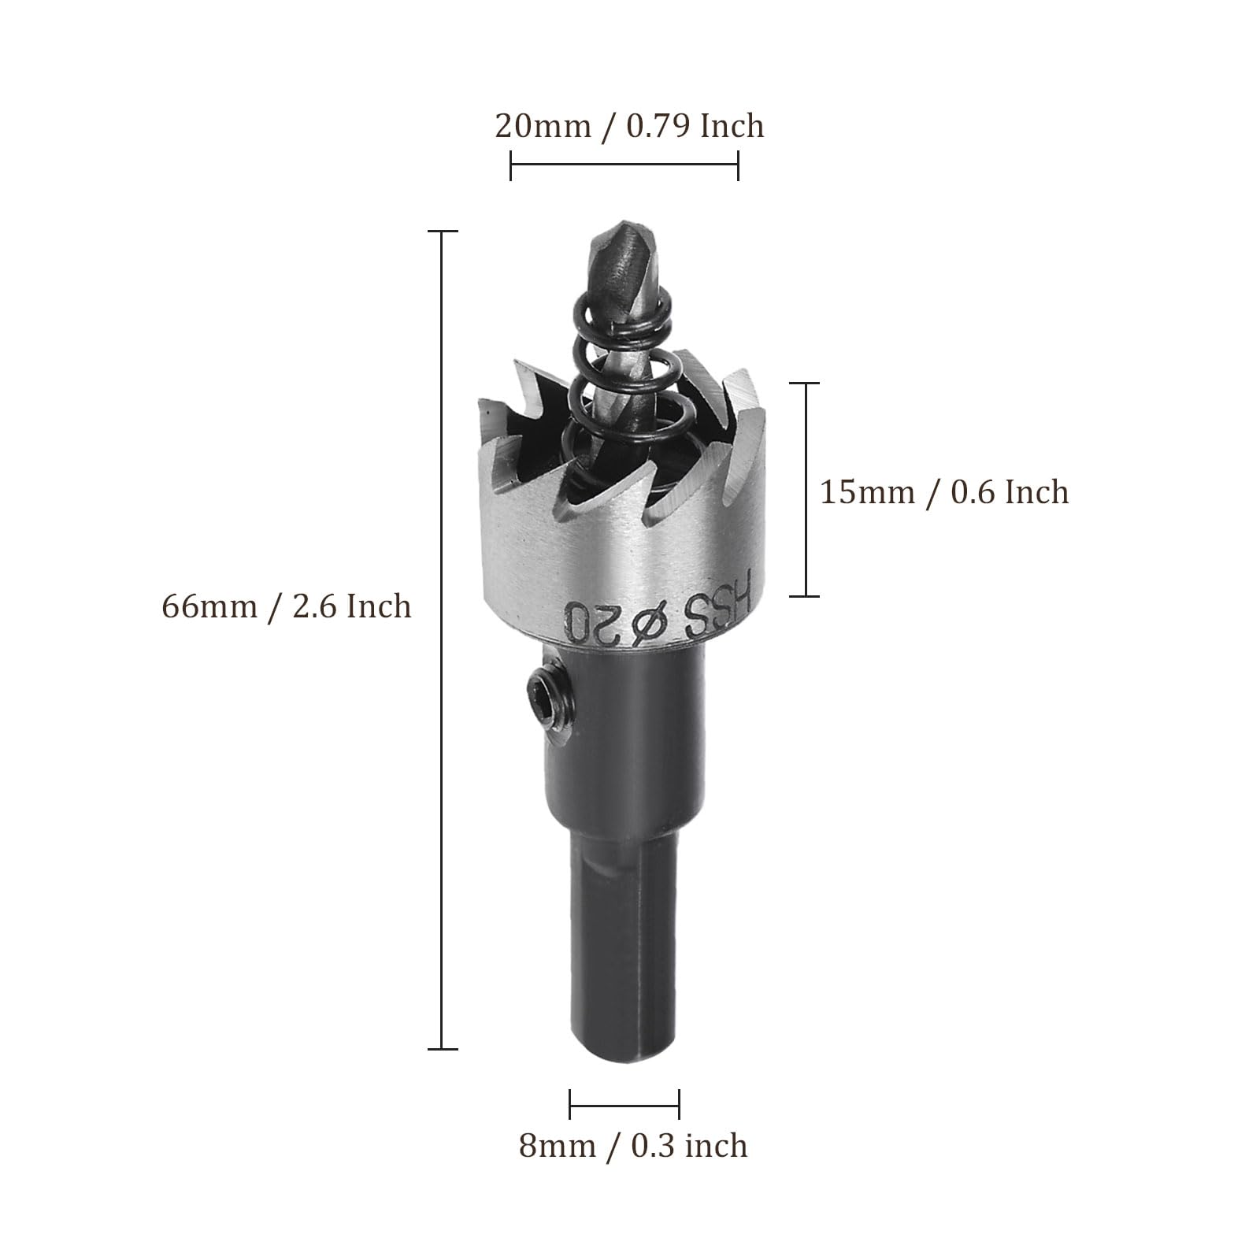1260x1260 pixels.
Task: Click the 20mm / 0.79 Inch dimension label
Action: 629,126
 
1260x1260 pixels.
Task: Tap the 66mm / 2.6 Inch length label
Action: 287,606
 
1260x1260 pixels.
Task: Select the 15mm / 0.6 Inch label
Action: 944,492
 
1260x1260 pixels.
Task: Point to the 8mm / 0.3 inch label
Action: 633,1145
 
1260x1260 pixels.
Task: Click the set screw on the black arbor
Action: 543,691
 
